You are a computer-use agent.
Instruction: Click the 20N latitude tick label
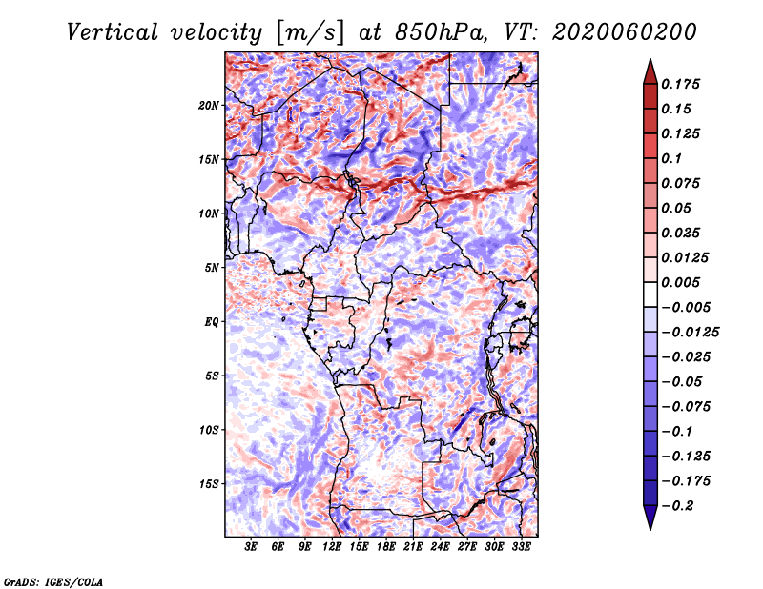tap(209, 105)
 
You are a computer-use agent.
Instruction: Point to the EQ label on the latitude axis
tap(211, 321)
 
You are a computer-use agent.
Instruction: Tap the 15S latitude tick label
tap(209, 484)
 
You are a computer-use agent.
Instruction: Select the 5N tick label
tap(211, 268)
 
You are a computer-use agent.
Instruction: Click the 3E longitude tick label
tap(252, 548)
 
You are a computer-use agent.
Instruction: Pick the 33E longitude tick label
tap(521, 548)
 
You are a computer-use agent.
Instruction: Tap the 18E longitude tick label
tap(386, 548)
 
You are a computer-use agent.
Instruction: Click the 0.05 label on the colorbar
tap(677, 208)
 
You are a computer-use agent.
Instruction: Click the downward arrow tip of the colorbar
tap(650, 527)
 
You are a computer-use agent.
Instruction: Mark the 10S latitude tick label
tap(209, 430)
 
